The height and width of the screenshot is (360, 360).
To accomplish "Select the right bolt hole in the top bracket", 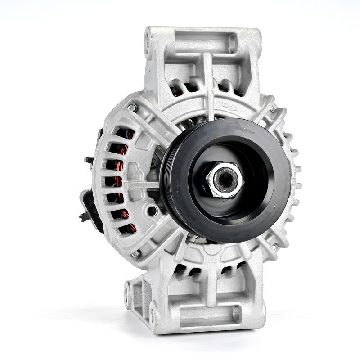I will (x=232, y=44).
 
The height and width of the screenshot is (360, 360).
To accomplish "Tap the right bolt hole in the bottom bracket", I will (x=235, y=312).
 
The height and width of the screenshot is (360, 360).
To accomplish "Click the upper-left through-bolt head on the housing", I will (x=132, y=108).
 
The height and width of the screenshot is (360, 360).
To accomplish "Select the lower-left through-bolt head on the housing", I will (x=135, y=254).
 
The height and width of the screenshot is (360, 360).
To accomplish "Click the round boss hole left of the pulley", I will (x=153, y=210).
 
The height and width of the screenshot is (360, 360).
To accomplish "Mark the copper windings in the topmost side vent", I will (x=128, y=134).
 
